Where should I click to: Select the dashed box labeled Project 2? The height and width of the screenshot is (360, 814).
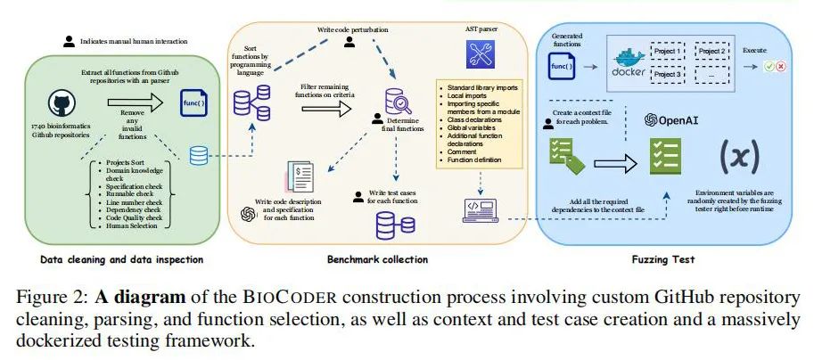point(711,52)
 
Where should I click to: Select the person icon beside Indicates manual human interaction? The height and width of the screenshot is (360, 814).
point(69,40)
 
